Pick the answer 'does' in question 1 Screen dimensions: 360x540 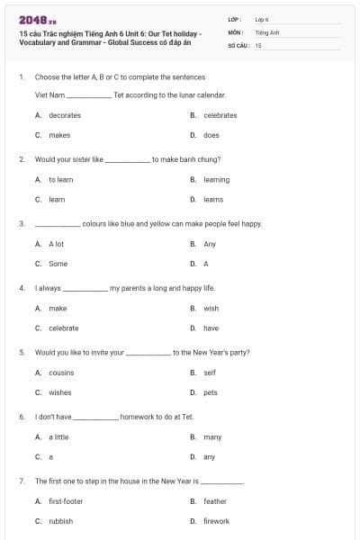pyautogui.click(x=211, y=135)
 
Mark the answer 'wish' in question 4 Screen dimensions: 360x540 pyautogui.click(x=211, y=308)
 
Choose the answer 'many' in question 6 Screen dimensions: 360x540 pyautogui.click(x=212, y=436)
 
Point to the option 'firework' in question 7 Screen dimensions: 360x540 pyautogui.click(x=216, y=521)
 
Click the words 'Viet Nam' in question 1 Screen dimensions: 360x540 pyautogui.click(x=49, y=94)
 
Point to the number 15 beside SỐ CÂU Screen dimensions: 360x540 pyautogui.click(x=258, y=45)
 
